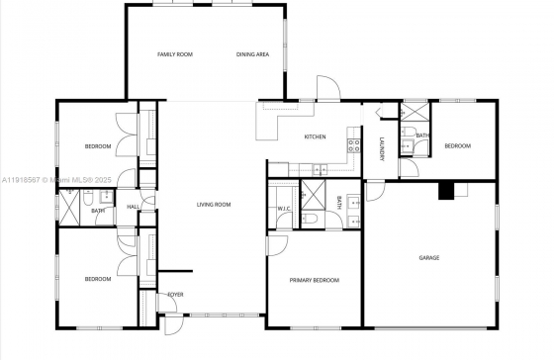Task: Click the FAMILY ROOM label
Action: pos(175,54)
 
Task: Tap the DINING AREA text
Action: pos(252,54)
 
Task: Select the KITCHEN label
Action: pos(316,136)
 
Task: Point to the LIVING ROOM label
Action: pos(214,205)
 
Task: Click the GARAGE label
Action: pos(429,258)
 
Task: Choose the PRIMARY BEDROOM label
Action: pos(315,280)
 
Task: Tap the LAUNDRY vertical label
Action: pos(382,149)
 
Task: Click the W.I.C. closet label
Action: pos(284,209)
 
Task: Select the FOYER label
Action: pos(176,295)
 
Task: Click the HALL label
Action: pos(133,207)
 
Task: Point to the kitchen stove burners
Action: pos(354,145)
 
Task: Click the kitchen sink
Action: pos(320,170)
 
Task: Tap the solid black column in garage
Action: pos(446,191)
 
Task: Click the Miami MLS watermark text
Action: pos(57,180)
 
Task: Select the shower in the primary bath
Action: pos(313,195)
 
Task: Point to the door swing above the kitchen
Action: pos(328,88)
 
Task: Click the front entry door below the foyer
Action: pos(174,324)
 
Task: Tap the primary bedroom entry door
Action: pos(277,245)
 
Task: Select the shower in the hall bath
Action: pos(69,208)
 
